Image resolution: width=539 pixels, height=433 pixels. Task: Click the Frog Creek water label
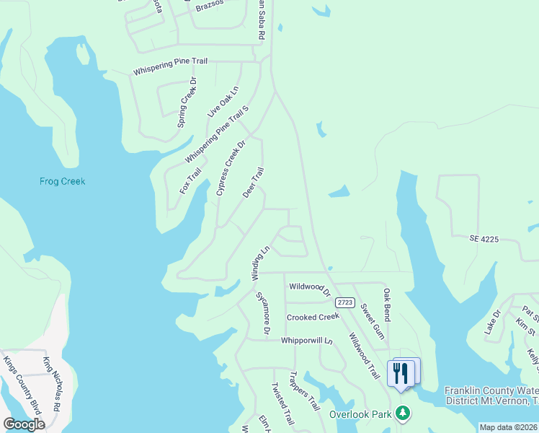(x=62, y=181)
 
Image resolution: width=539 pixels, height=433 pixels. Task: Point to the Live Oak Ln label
(x=223, y=102)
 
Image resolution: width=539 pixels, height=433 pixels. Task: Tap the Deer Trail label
(x=254, y=183)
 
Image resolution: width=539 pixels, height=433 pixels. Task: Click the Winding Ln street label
(x=260, y=263)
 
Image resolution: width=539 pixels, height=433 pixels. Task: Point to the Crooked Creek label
(x=313, y=318)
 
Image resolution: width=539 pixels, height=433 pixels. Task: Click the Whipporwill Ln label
(x=308, y=340)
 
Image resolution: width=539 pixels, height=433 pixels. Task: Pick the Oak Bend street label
(x=387, y=305)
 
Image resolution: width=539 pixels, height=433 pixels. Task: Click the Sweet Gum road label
(x=373, y=316)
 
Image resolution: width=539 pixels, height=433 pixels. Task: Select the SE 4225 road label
(x=484, y=237)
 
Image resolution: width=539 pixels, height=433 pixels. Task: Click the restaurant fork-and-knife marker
(x=401, y=373)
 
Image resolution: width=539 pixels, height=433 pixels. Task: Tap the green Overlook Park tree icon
(x=405, y=414)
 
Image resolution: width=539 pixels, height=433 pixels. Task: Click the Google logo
(x=24, y=424)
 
